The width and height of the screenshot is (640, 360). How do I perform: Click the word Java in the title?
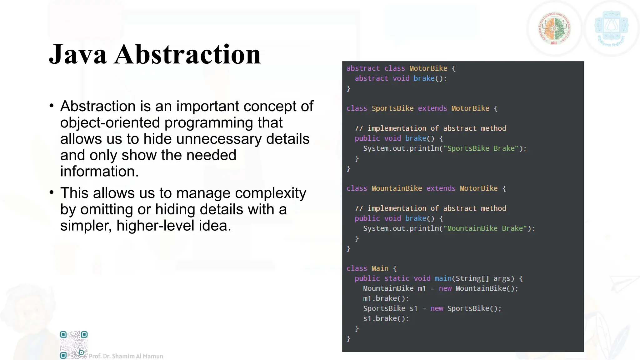(78, 55)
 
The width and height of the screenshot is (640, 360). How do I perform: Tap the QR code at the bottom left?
(74, 345)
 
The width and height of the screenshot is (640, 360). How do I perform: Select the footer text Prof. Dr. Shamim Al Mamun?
(126, 356)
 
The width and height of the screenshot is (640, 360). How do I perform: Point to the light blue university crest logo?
(611, 28)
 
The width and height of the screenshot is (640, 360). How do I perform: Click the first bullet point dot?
(52, 106)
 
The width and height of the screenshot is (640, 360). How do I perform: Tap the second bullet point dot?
(52, 192)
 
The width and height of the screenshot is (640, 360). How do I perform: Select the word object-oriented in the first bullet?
(110, 122)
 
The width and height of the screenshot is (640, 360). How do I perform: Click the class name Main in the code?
(380, 268)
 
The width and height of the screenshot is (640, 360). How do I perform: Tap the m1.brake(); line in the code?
(386, 298)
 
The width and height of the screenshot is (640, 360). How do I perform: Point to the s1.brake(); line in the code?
(386, 318)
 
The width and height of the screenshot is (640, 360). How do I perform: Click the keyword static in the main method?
(397, 278)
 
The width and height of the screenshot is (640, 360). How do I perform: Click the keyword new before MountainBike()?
(445, 288)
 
